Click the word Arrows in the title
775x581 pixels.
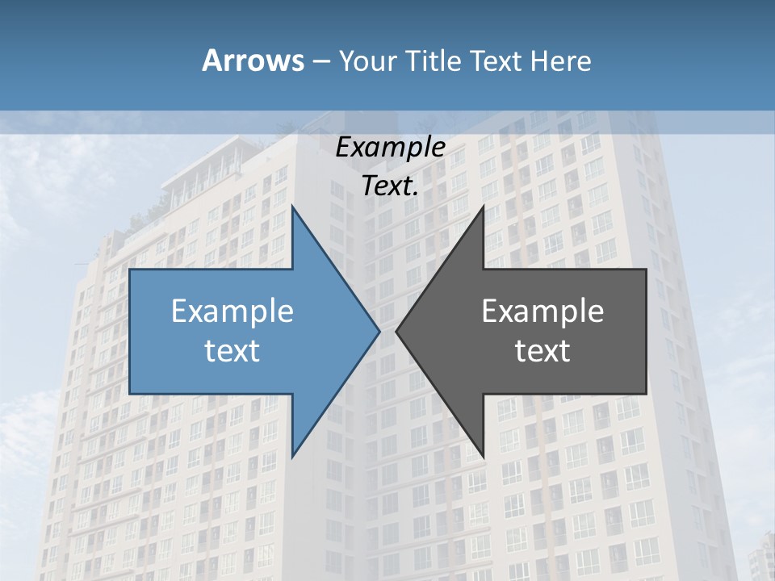(x=252, y=61)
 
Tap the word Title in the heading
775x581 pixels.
(x=432, y=61)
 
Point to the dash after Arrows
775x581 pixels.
(x=320, y=61)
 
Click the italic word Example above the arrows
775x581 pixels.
(x=390, y=148)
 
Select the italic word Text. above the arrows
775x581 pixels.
(x=390, y=186)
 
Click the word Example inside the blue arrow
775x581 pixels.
(x=232, y=311)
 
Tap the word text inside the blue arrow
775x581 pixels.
(x=232, y=351)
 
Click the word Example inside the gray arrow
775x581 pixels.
(x=542, y=311)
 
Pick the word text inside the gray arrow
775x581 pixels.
(x=542, y=351)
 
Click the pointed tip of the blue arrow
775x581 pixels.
(x=379, y=330)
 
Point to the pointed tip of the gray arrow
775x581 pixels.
(x=396, y=330)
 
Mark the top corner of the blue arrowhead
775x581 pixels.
(x=292, y=207)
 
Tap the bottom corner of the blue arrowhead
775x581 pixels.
(x=292, y=456)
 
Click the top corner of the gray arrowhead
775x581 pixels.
(x=483, y=207)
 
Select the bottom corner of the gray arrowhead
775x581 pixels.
(x=483, y=456)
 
